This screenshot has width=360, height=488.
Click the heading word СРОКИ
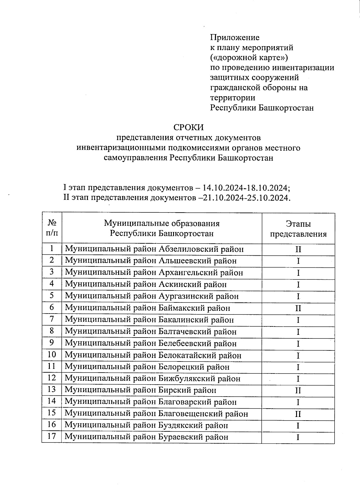tap(188, 127)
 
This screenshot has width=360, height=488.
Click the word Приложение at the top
tap(234, 37)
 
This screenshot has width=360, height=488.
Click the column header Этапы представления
tap(298, 229)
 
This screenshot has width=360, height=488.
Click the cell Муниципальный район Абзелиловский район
tap(154, 249)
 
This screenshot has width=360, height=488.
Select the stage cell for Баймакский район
tap(298, 308)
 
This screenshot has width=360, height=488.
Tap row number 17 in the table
tap(52, 436)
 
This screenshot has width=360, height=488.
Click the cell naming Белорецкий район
tap(147, 367)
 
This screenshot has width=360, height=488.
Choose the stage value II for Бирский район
tap(298, 391)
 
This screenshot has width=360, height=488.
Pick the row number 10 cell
tap(52, 355)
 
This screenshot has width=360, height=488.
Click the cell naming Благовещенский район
tap(156, 414)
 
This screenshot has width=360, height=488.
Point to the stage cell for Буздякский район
tap(298, 426)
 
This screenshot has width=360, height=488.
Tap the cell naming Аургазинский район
tap(152, 296)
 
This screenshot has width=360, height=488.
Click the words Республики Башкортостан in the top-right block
tap(262, 108)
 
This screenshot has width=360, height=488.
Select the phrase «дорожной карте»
tap(249, 57)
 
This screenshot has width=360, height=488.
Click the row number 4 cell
tap(52, 284)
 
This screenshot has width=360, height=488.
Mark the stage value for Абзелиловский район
tap(298, 249)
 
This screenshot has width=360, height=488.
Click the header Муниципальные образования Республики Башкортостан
tap(162, 228)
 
